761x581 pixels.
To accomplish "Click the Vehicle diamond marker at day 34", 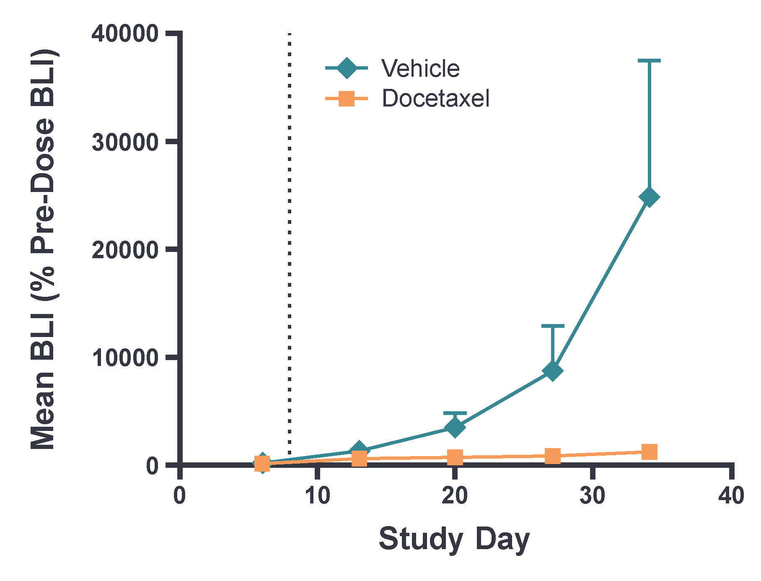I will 649,197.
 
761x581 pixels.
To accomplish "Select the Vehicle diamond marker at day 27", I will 553,371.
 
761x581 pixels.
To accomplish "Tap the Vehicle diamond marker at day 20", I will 455,427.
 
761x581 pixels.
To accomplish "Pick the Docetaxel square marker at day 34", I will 649,452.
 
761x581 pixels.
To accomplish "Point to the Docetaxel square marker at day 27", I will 553,456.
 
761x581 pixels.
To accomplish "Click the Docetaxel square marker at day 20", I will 455,457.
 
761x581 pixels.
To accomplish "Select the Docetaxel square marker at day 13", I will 359,459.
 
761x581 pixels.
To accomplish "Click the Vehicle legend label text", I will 420,68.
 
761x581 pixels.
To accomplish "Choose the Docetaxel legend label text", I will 435,99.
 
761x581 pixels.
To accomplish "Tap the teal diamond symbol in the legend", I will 347,68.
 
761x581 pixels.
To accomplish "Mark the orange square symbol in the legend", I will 347,99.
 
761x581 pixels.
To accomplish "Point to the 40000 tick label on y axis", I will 125,34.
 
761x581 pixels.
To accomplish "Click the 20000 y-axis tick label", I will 125,250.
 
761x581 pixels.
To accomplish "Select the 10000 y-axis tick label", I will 125,358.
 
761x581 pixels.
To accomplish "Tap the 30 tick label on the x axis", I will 593,495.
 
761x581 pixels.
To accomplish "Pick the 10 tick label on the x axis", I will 317,495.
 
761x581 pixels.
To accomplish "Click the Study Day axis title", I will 454,539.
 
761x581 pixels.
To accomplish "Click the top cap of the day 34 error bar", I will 649,61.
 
